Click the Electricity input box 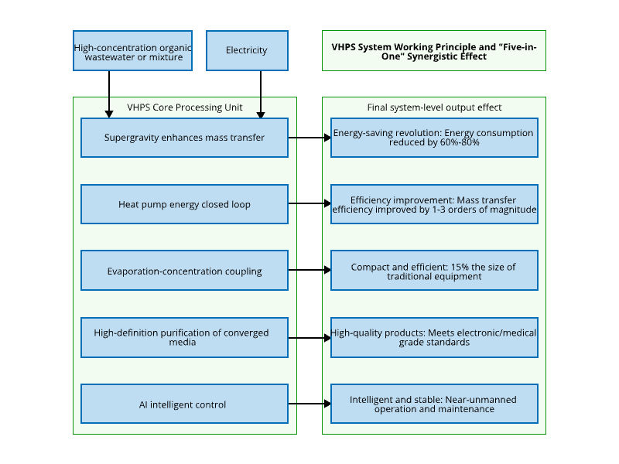tap(247, 50)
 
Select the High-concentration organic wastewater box tap(132, 50)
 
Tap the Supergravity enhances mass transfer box tap(184, 138)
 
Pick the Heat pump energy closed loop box tap(184, 204)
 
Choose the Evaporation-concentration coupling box tap(184, 271)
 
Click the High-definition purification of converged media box tap(184, 337)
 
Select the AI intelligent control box tap(184, 404)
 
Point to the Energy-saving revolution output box tap(434, 138)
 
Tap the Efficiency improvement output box tap(434, 204)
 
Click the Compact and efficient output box tap(434, 271)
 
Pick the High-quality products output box tap(434, 337)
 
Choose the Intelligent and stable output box tap(434, 404)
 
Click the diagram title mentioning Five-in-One tap(434, 51)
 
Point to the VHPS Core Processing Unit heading tap(185, 107)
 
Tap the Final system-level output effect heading tap(434, 107)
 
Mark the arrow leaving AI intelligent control tap(309, 404)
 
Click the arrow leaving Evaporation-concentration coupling tap(309, 271)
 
